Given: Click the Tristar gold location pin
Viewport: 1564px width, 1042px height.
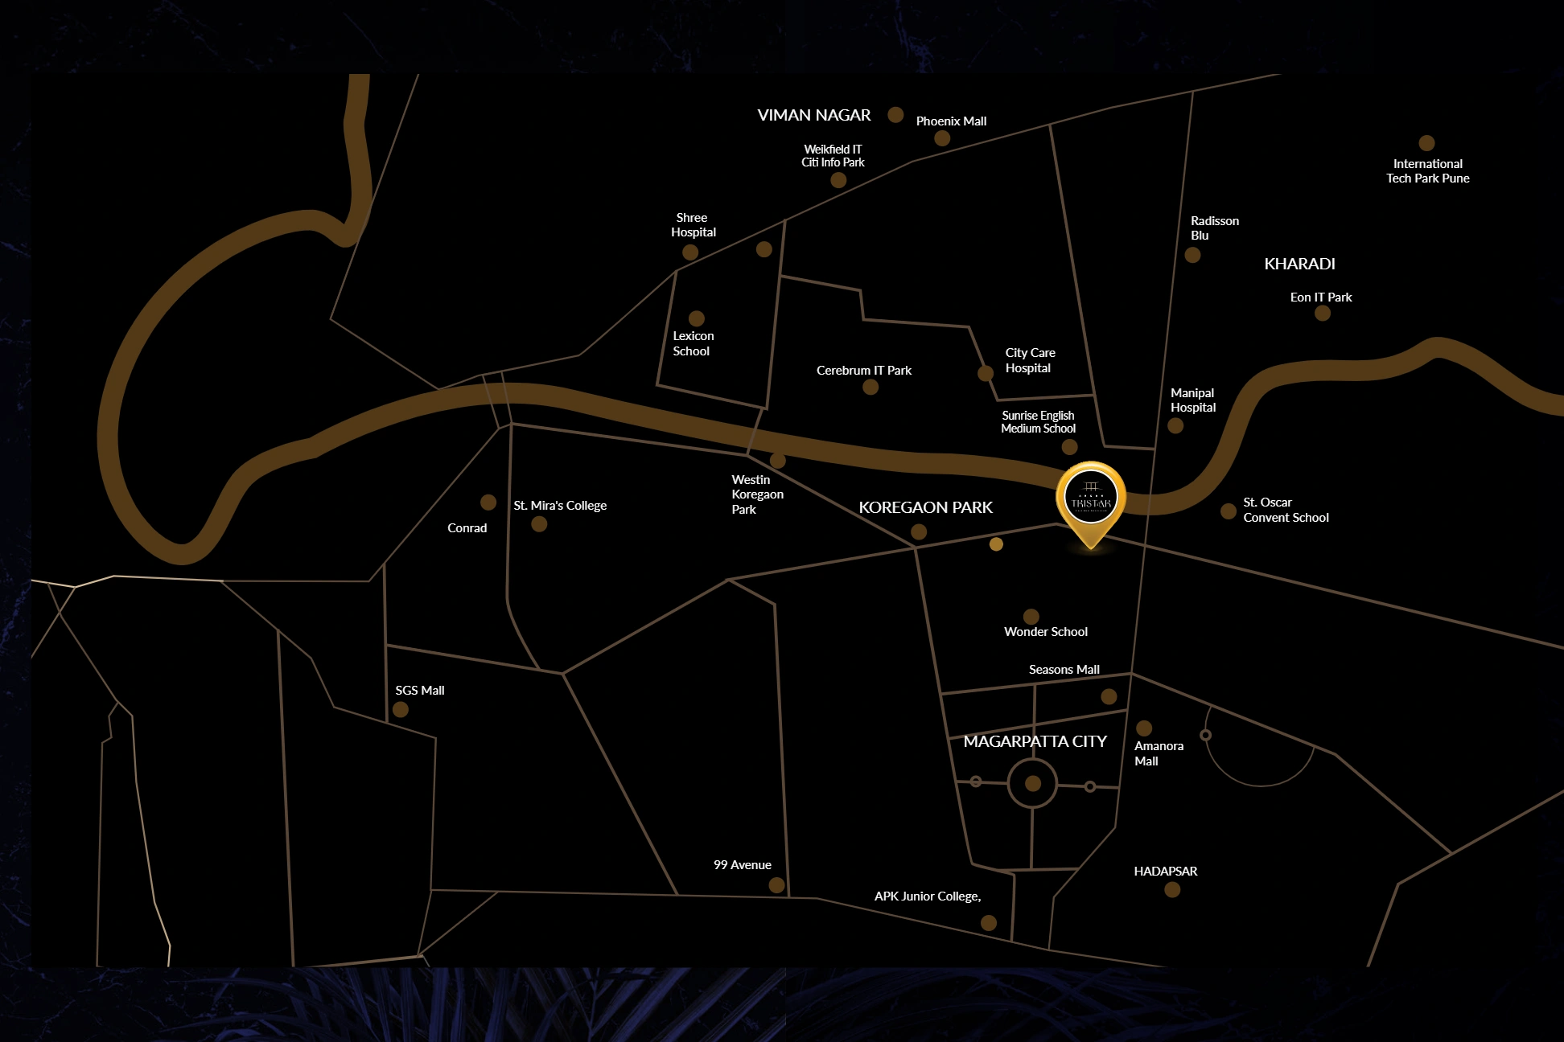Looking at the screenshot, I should click(x=1091, y=498).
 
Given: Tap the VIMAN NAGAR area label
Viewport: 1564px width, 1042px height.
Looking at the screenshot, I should click(x=813, y=115).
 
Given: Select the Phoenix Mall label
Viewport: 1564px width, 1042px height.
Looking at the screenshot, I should click(x=951, y=121).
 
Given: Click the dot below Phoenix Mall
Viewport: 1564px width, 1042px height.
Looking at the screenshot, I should click(x=942, y=138).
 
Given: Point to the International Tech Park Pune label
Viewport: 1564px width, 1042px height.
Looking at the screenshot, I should click(x=1427, y=171).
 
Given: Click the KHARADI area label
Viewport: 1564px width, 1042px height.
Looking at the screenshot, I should click(x=1299, y=264).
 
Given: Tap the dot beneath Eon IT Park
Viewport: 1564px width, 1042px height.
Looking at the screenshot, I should click(x=1322, y=313).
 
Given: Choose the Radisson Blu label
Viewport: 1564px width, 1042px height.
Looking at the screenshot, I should click(x=1214, y=228).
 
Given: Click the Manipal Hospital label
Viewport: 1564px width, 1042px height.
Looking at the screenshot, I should click(x=1193, y=400).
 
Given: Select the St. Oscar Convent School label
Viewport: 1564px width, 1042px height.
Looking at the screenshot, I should click(x=1286, y=510).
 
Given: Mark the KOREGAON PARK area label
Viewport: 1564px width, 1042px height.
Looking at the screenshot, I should click(x=925, y=507).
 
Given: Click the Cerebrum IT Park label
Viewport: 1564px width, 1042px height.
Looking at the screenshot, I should click(x=863, y=371).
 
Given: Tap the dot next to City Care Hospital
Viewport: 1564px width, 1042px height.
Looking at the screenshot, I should click(x=986, y=373).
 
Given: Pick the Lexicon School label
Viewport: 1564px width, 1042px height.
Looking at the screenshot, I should click(x=693, y=343).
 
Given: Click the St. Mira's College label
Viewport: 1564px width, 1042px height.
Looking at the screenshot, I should click(x=560, y=506).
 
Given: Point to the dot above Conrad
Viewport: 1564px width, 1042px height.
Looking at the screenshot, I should click(x=488, y=503).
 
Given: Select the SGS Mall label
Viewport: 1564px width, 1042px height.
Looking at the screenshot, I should click(x=419, y=691).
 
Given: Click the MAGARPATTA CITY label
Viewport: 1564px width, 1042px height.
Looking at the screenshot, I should click(x=1035, y=741).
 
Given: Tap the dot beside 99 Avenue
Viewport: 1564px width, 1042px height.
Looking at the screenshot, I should click(x=776, y=885).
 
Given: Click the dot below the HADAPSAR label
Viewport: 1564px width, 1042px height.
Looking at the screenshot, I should click(x=1172, y=889).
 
